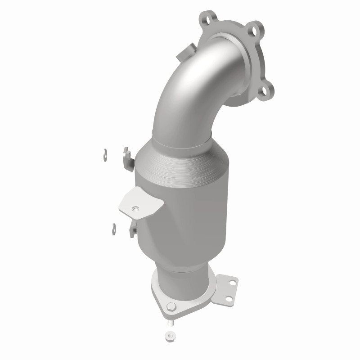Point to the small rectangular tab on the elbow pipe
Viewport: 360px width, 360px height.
pos(185,54)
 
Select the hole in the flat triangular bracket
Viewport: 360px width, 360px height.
pos(135,208)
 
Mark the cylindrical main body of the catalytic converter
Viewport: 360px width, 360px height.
pos(189,207)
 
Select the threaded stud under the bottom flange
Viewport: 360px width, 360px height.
pos(170,322)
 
